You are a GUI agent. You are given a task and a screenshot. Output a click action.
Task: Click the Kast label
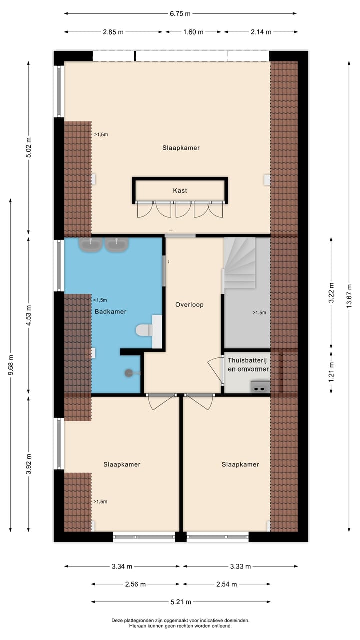coord(180,190)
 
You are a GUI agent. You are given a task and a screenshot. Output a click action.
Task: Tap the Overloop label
coord(189,304)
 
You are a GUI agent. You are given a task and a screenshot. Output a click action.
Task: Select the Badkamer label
coord(110,311)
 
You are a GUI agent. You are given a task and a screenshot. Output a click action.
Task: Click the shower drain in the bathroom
coord(129,372)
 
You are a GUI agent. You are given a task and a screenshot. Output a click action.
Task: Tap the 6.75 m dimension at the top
coord(180,14)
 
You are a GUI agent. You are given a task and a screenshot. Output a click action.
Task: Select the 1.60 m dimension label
coord(193,32)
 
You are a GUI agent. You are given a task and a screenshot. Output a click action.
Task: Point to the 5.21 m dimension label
coord(180,602)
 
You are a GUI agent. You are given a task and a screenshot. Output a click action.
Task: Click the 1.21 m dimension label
coord(331,373)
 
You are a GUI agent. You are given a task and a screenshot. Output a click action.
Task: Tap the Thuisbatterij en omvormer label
coord(248,364)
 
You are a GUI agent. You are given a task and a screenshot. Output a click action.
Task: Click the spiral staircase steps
coord(239,262)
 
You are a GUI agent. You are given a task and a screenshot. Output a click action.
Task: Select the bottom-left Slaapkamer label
coord(122,464)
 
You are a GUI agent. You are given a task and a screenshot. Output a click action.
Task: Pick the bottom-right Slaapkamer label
coord(240,464)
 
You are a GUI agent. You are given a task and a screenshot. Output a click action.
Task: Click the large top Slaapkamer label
coord(181,148)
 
